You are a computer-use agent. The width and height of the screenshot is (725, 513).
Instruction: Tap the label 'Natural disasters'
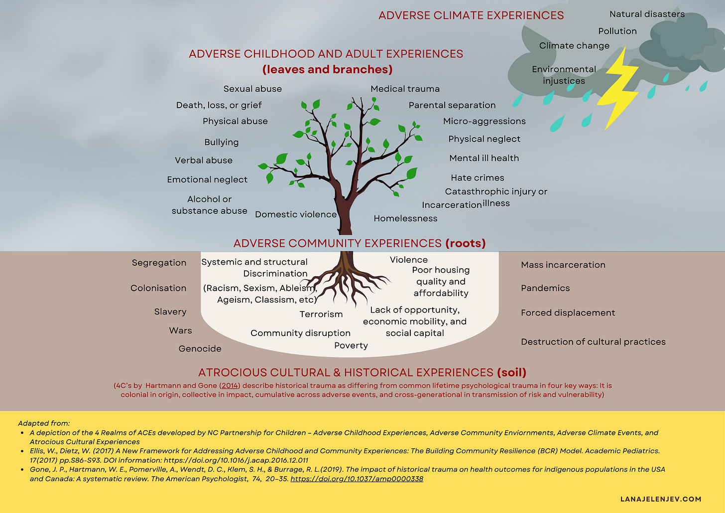[647, 14]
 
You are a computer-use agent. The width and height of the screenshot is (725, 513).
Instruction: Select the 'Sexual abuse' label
[252, 89]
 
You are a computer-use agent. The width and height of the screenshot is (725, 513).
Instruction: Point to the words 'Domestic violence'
[296, 214]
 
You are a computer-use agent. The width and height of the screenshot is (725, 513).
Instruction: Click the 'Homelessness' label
[405, 218]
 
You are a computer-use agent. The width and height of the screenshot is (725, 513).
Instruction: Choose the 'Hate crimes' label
[477, 178]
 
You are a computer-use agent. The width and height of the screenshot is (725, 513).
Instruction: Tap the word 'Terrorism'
[321, 314]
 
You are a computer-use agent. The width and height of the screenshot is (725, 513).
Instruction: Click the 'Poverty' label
[351, 345]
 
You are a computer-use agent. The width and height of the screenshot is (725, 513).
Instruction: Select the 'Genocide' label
[200, 348]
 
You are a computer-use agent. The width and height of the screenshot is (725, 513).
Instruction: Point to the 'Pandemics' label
[545, 288]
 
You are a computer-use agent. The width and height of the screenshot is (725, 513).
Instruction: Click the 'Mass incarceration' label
[563, 265]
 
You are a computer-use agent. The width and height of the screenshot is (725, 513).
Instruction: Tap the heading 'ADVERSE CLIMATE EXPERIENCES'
[471, 15]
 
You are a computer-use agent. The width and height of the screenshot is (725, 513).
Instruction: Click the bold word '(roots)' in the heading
[465, 243]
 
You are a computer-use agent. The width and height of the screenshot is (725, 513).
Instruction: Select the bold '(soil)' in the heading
[511, 372]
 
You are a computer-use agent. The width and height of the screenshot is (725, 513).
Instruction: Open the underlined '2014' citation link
[230, 385]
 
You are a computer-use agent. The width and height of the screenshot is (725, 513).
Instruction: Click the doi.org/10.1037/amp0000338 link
[357, 479]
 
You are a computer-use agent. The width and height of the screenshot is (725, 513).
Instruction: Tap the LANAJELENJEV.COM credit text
[661, 499]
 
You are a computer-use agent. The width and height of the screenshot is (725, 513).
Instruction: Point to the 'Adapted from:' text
[44, 423]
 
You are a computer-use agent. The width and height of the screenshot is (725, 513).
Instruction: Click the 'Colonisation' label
[158, 288]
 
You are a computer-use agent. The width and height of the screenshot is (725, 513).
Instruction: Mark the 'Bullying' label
[221, 142]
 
